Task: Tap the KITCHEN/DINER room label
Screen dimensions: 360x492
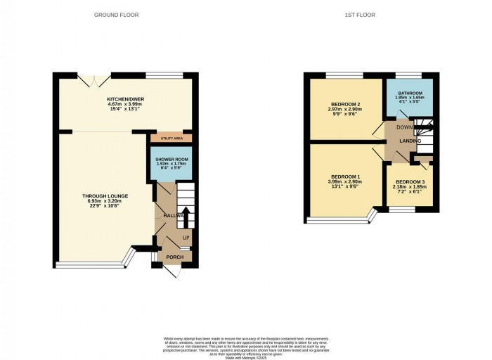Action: click(x=124, y=100)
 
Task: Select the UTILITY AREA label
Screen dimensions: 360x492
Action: click(x=171, y=138)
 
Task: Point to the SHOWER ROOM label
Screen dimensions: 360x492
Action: click(x=171, y=160)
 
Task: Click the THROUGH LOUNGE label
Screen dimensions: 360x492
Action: click(x=104, y=195)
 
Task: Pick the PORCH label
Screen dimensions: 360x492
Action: click(x=174, y=257)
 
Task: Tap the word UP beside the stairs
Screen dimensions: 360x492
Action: click(x=186, y=238)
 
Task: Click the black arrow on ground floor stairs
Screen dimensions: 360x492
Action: click(x=184, y=215)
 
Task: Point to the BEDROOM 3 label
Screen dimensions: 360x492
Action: click(x=410, y=182)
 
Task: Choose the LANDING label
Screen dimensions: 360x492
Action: click(x=410, y=141)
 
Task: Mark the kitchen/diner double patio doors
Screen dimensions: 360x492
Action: click(x=89, y=79)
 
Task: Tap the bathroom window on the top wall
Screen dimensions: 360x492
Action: click(x=408, y=75)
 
